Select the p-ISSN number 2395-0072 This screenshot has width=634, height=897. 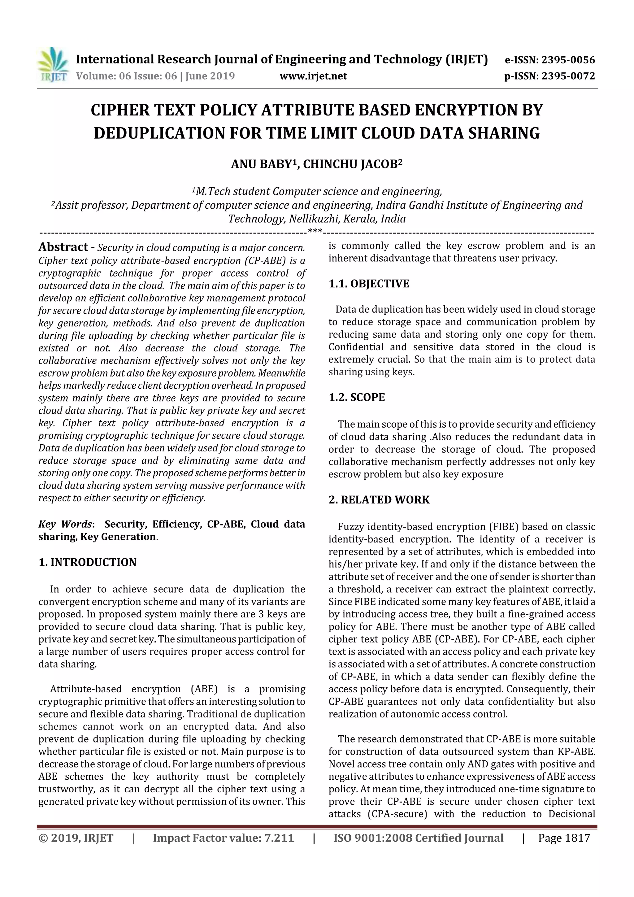coord(568,76)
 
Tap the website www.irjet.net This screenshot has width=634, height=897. coord(313,76)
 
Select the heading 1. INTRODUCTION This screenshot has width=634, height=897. coord(88,562)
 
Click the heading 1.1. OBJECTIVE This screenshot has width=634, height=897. coord(369,284)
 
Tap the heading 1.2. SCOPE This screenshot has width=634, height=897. coord(357,397)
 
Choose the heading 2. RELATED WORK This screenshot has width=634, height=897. coord(379,500)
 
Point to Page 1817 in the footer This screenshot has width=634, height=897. coord(564,838)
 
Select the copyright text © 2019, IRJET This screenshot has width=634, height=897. coord(76,838)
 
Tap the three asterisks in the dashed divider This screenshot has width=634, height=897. coord(315,231)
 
